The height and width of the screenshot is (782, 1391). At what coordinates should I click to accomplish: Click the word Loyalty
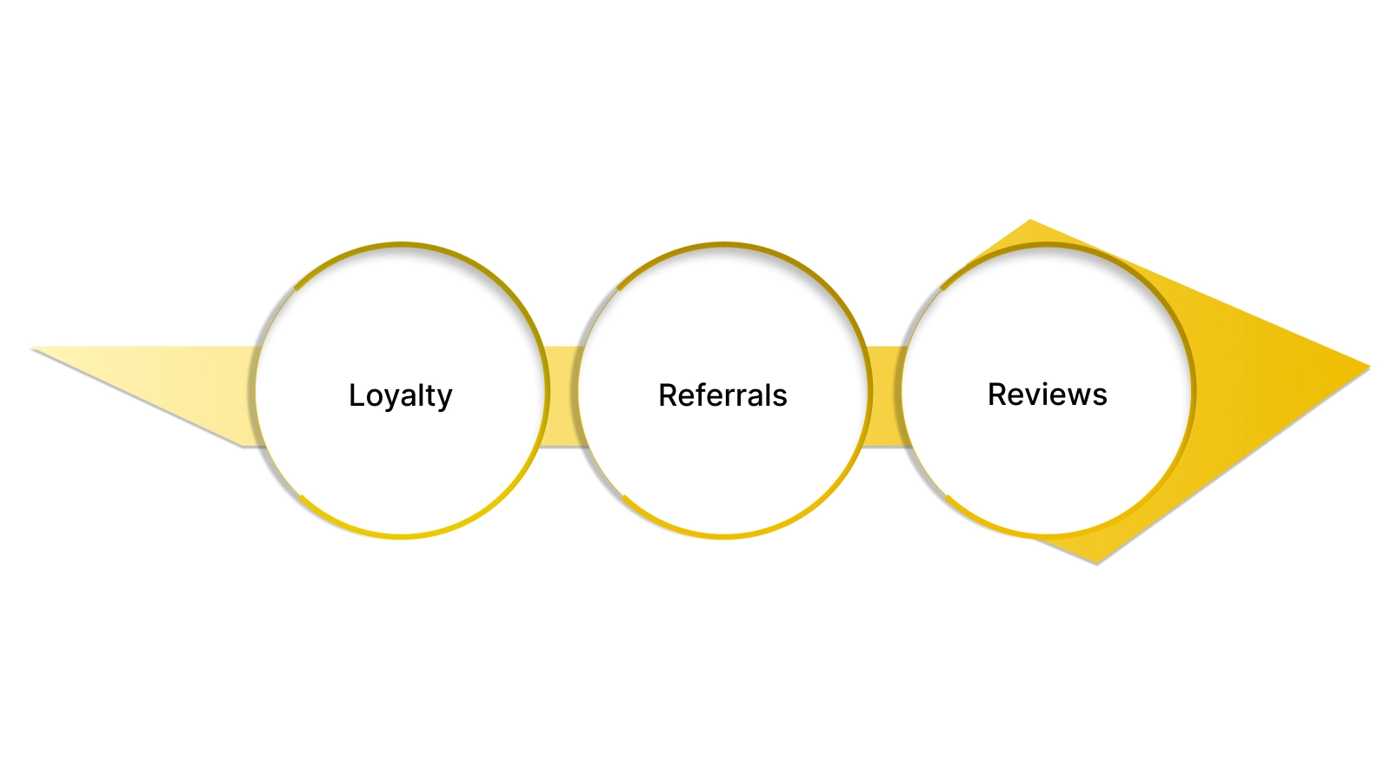pos(400,395)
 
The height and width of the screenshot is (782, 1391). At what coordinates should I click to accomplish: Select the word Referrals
pos(722,395)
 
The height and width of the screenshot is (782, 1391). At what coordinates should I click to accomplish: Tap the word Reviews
pos(1047,394)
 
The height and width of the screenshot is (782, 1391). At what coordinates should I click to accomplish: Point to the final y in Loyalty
pos(444,399)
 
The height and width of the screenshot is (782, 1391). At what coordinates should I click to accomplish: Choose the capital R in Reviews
pos(997,394)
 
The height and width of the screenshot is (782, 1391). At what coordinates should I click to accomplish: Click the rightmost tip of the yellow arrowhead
pos(1368,368)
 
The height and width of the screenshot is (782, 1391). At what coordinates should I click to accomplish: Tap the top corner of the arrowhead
pos(1030,221)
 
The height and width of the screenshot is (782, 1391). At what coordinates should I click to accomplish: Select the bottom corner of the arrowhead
pos(1097,563)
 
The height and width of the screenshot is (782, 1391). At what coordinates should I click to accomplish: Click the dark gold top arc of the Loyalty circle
pos(402,245)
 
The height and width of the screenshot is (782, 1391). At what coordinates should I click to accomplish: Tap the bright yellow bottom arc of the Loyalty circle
pos(402,536)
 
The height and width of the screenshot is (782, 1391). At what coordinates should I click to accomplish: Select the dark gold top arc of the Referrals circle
pos(723,245)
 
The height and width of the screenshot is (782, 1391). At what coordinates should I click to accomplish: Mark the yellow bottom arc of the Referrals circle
pos(723,536)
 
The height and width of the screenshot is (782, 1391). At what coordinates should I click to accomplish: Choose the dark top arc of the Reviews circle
pos(1048,245)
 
